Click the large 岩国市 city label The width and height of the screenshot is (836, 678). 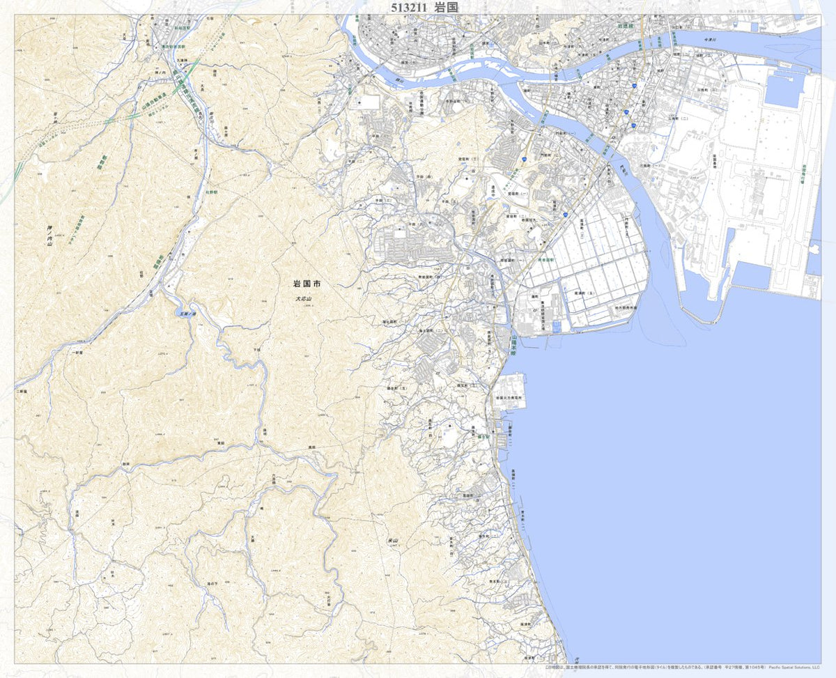(307, 284)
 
